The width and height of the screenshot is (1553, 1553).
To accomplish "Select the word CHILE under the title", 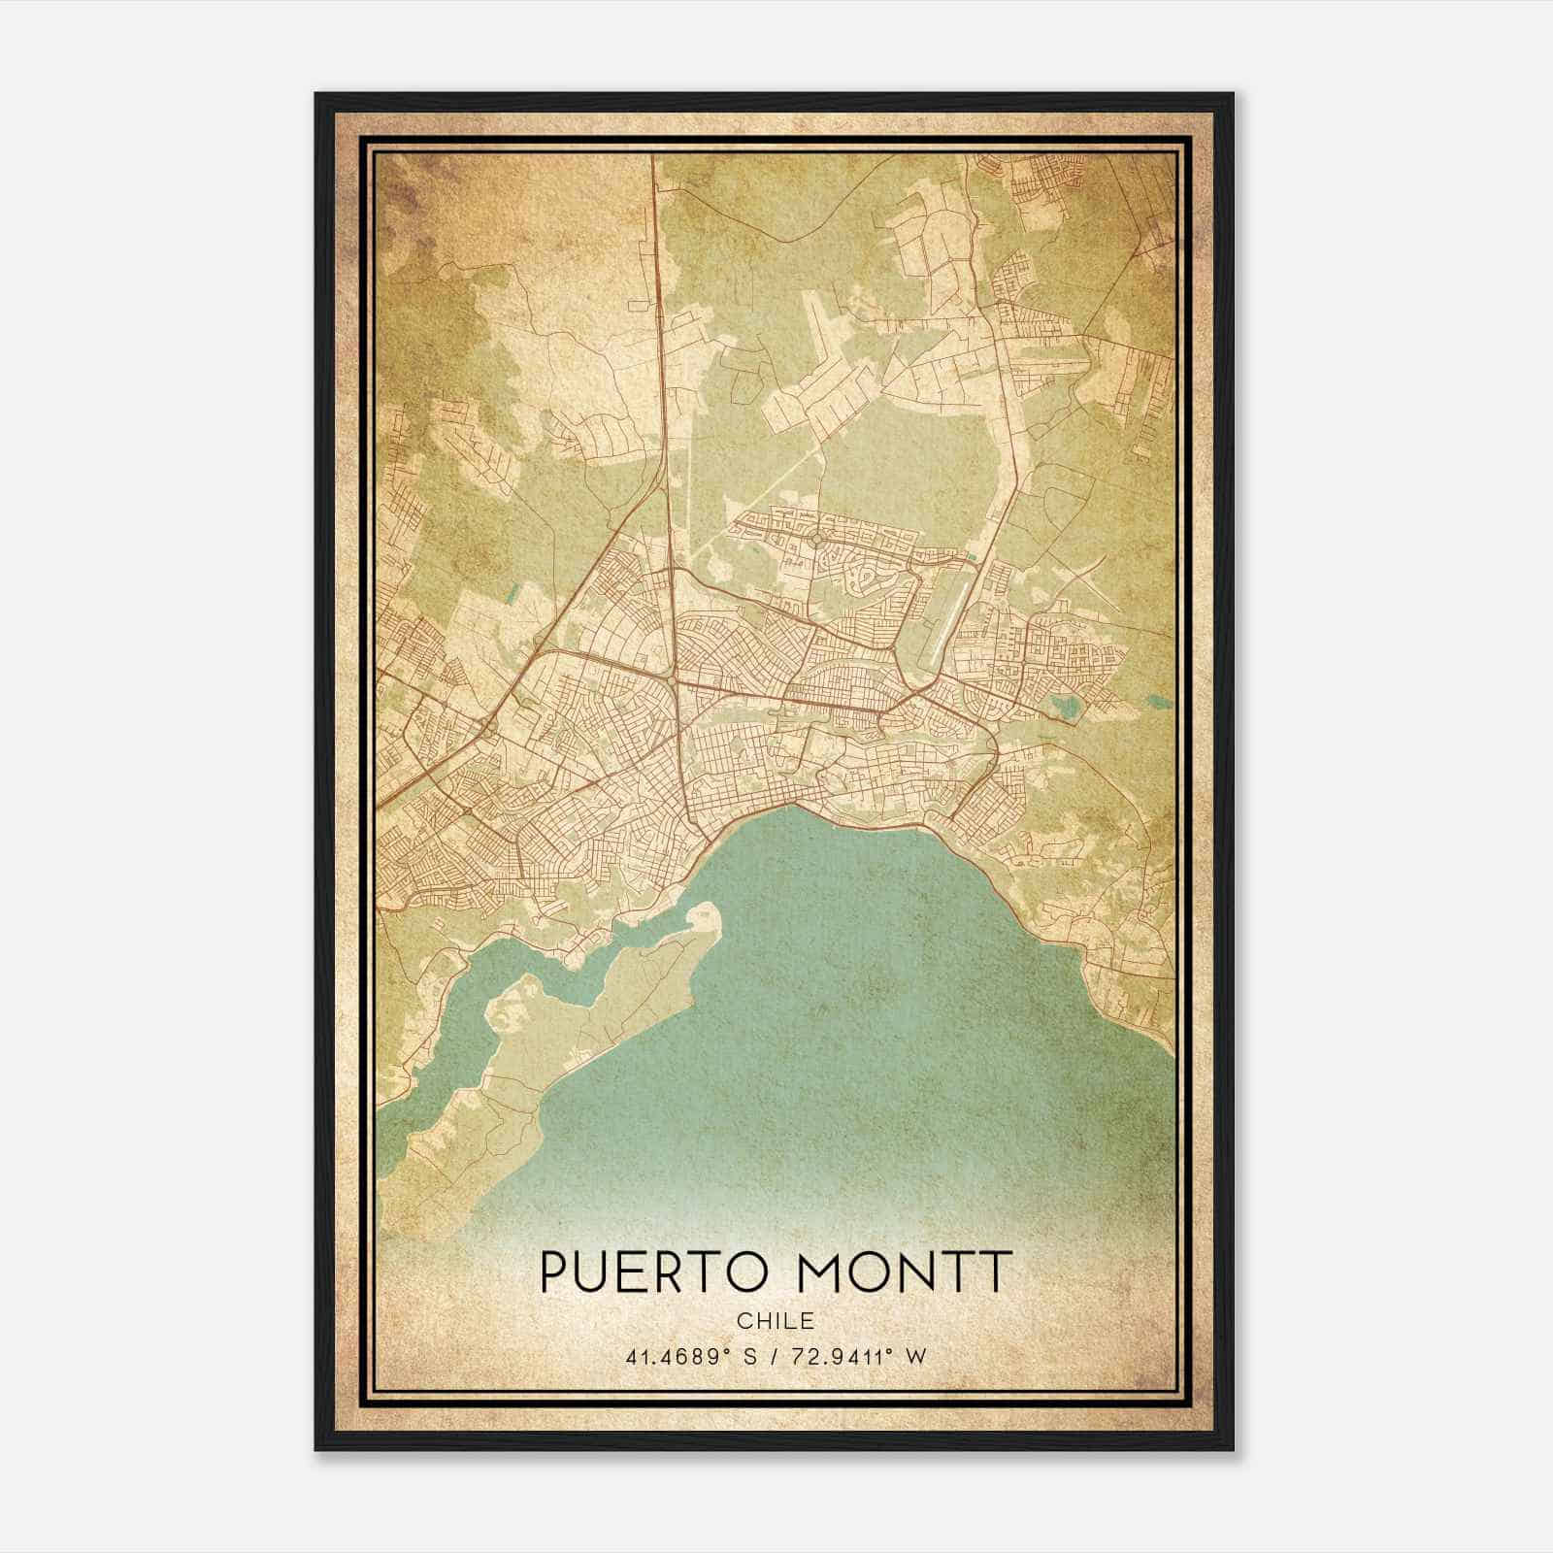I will point(775,1321).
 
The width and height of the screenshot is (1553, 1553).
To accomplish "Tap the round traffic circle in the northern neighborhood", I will point(817,538).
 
